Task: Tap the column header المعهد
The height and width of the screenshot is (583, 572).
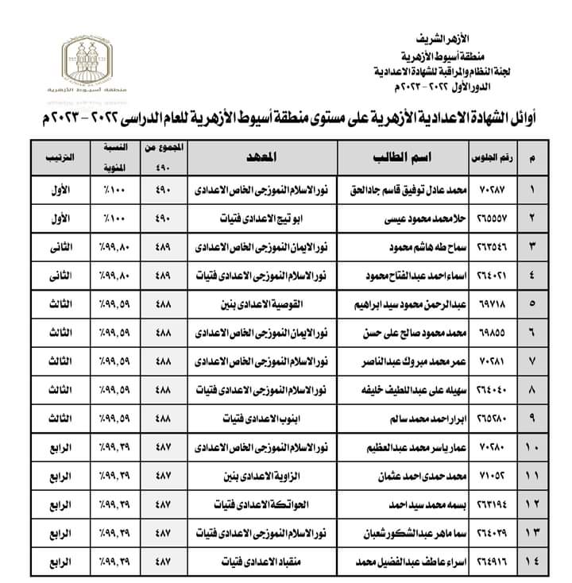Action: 265,156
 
